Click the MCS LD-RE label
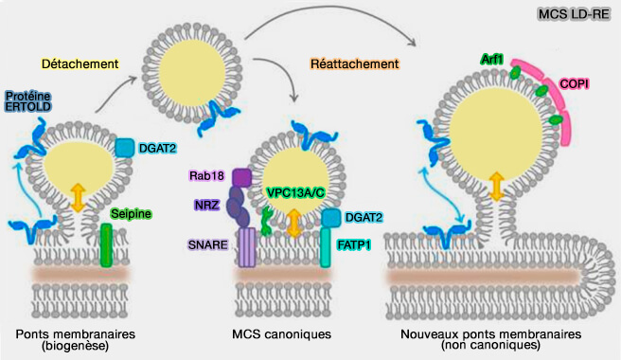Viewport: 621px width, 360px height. tap(573, 15)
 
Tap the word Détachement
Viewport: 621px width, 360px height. tap(80, 64)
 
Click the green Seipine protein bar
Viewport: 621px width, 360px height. tap(107, 243)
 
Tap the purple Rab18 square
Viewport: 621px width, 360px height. tap(240, 177)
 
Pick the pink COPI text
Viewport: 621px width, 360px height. tap(574, 84)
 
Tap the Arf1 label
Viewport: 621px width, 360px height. tap(492, 60)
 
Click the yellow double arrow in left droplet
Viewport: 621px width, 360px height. tap(78, 195)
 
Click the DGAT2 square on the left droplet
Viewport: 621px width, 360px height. tap(124, 148)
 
